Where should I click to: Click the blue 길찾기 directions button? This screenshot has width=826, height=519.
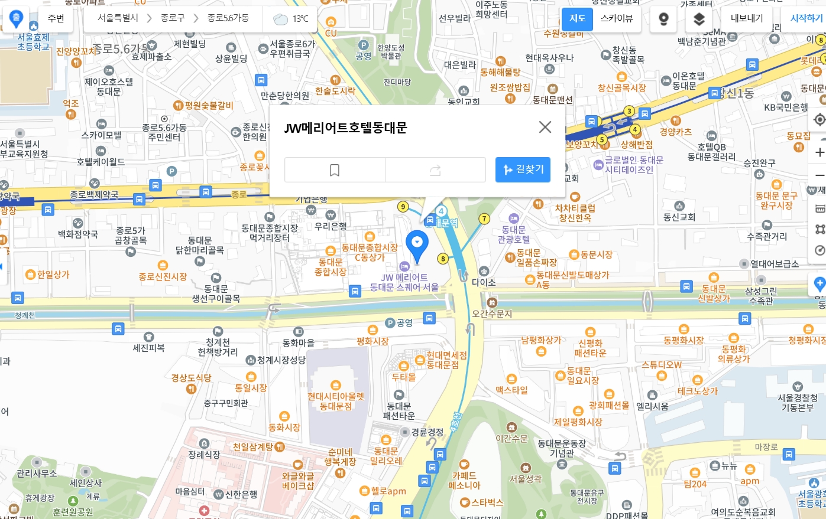pyautogui.click(x=523, y=170)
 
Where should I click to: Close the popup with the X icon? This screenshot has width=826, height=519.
pyautogui.click(x=545, y=127)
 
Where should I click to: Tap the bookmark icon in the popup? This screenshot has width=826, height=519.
pyautogui.click(x=335, y=170)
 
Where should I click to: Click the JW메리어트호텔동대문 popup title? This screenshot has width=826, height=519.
pyautogui.click(x=346, y=128)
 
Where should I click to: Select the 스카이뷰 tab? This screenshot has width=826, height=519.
pyautogui.click(x=616, y=18)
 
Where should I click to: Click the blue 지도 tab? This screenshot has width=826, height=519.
pyautogui.click(x=577, y=18)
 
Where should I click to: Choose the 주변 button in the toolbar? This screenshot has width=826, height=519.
pyautogui.click(x=56, y=18)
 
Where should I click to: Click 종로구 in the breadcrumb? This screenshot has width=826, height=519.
pyautogui.click(x=173, y=18)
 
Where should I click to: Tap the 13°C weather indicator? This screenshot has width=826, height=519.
pyautogui.click(x=291, y=19)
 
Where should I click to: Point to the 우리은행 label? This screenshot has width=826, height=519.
pyautogui.click(x=331, y=226)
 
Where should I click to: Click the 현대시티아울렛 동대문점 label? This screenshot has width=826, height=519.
pyautogui.click(x=336, y=401)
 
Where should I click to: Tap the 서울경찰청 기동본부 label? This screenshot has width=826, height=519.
pyautogui.click(x=798, y=402)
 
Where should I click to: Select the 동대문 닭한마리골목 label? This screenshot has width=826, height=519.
pyautogui.click(x=200, y=245)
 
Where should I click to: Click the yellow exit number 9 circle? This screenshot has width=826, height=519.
pyautogui.click(x=403, y=206)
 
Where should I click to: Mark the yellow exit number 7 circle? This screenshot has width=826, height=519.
pyautogui.click(x=484, y=218)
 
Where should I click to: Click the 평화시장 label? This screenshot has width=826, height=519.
pyautogui.click(x=372, y=341)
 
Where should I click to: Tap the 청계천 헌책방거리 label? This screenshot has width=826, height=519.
pyautogui.click(x=218, y=347)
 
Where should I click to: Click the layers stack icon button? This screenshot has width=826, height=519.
pyautogui.click(x=699, y=19)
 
